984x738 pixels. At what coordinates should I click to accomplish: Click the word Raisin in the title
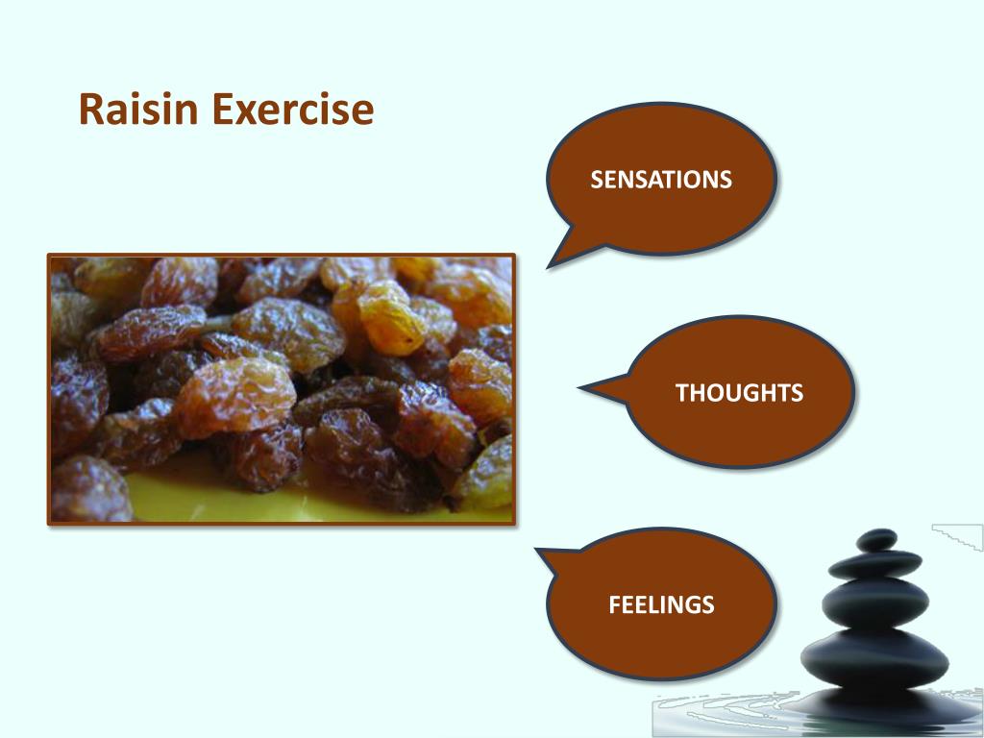tap(140, 110)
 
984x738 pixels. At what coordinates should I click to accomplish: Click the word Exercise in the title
tap(292, 110)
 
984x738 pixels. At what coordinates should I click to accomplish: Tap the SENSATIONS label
tap(661, 180)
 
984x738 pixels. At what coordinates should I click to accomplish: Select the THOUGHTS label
tap(739, 392)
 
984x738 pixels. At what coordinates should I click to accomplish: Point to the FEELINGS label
tap(661, 605)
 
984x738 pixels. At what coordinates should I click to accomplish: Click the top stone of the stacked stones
tap(875, 540)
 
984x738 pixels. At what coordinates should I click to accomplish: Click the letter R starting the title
tap(90, 110)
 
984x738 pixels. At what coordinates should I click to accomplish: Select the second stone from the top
tap(874, 564)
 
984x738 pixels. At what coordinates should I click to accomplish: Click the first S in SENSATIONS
tap(596, 180)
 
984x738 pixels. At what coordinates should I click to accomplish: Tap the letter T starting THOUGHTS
tap(681, 392)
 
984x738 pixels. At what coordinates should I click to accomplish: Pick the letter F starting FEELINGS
tap(614, 605)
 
